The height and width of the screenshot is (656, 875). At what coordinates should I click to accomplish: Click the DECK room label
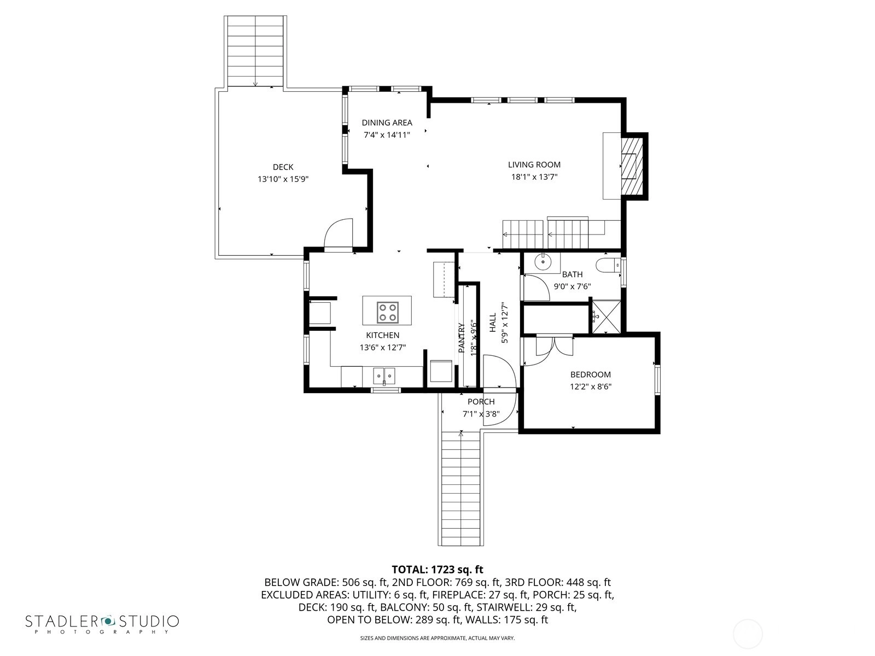(283, 167)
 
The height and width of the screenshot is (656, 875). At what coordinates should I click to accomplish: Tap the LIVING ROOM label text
(534, 165)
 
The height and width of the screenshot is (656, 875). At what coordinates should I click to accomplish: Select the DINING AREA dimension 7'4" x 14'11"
(387, 135)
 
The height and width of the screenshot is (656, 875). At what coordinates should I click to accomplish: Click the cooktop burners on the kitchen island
(388, 312)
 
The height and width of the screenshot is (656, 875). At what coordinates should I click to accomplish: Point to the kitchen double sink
(384, 376)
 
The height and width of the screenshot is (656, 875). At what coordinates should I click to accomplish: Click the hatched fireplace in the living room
(632, 166)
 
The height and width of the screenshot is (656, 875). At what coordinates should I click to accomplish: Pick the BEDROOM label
(591, 374)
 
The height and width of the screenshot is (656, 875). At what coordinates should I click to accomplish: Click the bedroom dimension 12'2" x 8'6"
(591, 386)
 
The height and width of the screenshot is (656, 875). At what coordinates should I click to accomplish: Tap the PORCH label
(481, 402)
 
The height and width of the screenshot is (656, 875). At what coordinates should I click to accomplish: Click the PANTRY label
(462, 338)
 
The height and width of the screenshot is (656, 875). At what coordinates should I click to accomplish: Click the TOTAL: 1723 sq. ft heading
(437, 570)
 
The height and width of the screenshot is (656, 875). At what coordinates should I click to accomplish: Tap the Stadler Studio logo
(102, 623)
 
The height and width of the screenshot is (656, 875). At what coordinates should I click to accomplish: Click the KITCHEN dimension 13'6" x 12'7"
(383, 347)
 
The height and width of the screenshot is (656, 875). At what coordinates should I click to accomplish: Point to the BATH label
(572, 274)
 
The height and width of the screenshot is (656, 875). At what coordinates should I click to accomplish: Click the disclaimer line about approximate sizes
(437, 638)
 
